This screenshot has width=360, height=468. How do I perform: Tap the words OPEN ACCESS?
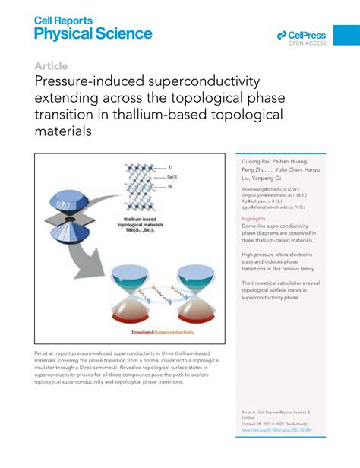pyautogui.click(x=307, y=43)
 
